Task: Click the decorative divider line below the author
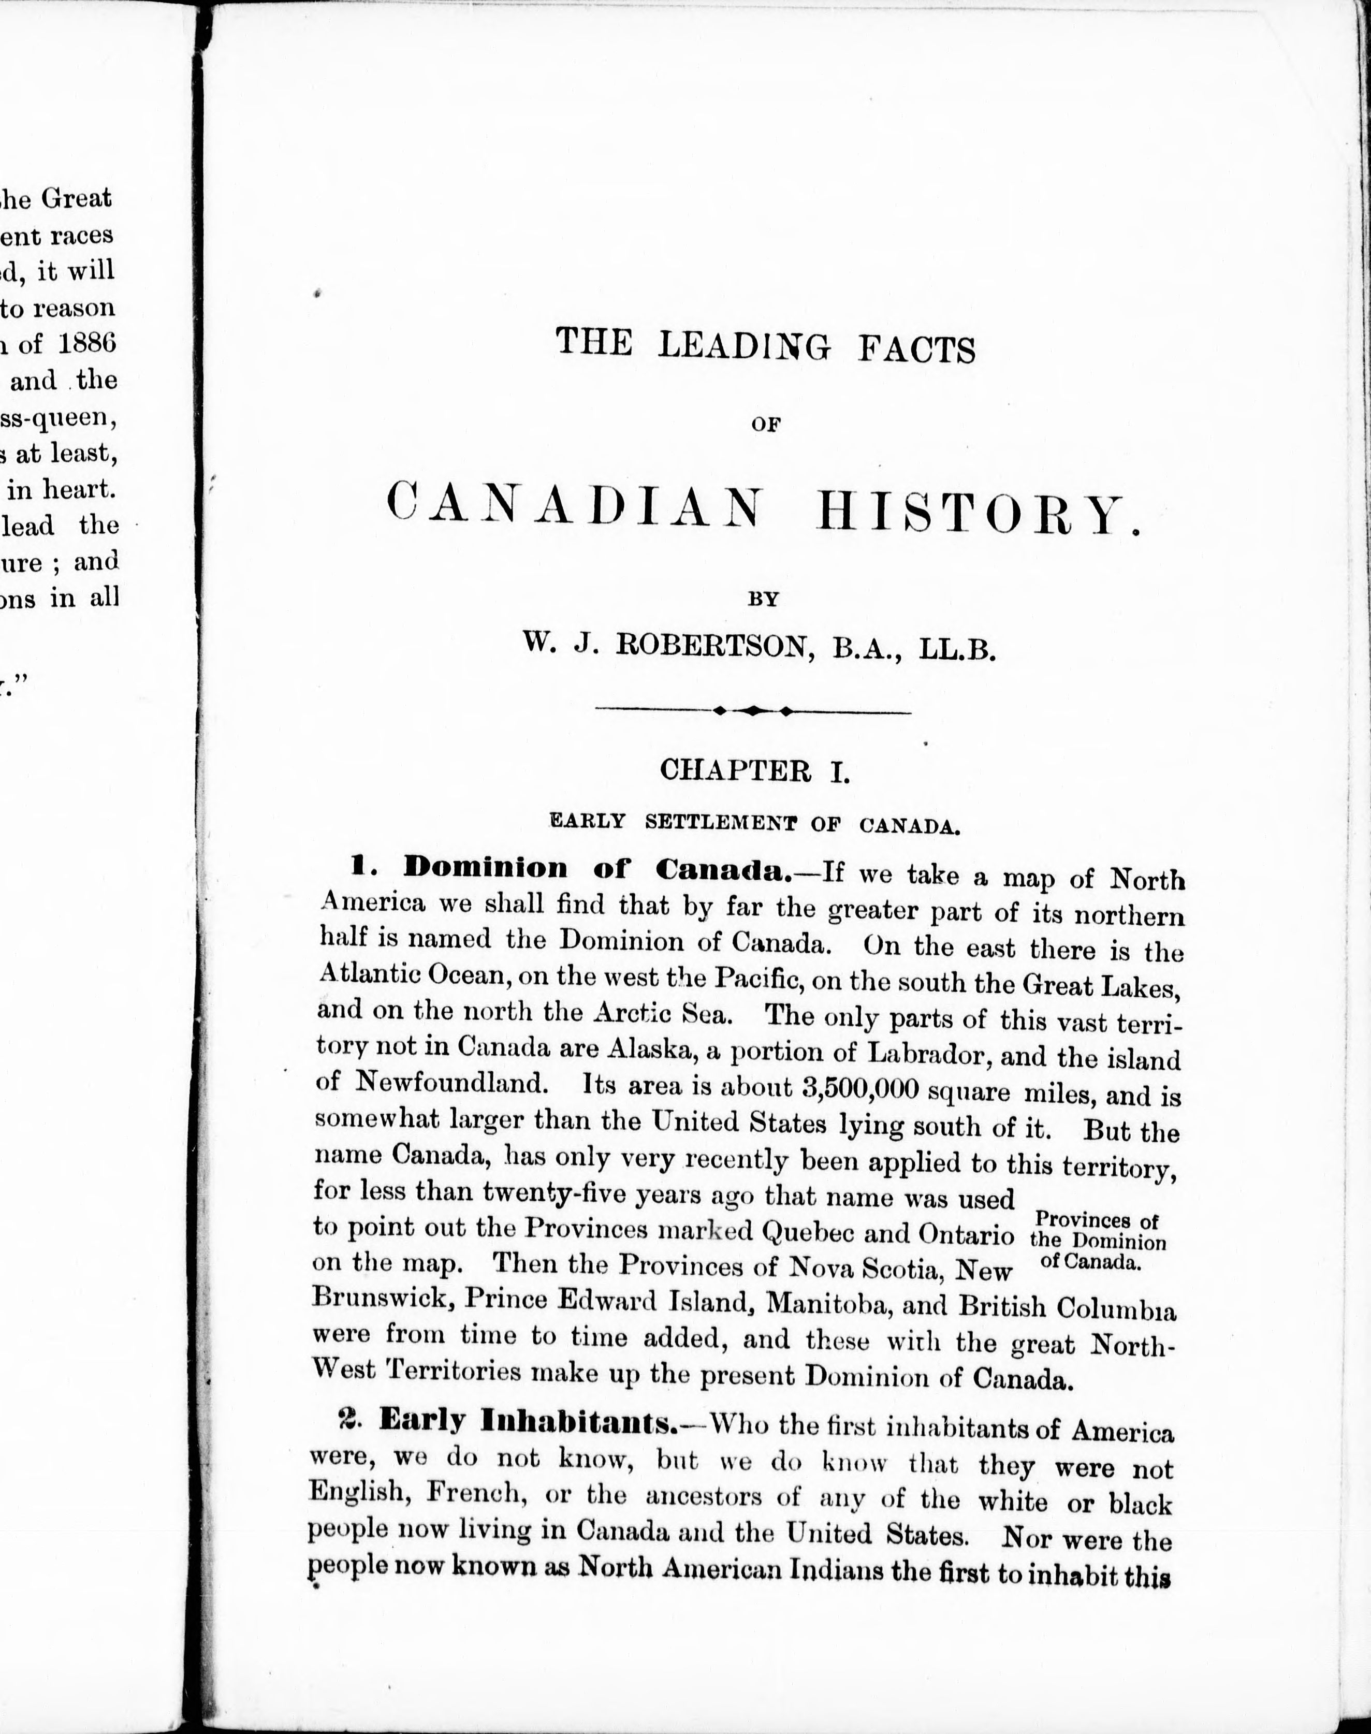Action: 752,710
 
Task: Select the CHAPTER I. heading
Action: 754,770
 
